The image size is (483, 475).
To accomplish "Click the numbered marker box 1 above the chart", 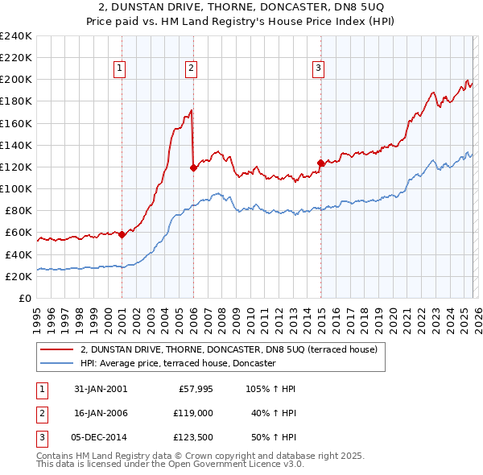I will pos(119,69).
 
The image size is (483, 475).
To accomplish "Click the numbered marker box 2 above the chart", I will pos(191,69).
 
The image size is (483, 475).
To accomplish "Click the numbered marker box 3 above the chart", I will pos(318,69).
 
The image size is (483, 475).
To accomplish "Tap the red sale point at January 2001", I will pos(122,235).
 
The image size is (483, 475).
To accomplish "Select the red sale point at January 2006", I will pos(193,168).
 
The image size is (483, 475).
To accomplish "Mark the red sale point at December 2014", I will pos(320,163).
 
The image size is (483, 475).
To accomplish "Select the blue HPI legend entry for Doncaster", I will pos(178,364).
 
